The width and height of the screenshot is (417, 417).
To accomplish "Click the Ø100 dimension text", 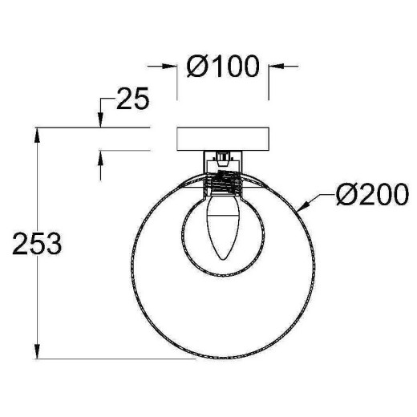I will [224, 66].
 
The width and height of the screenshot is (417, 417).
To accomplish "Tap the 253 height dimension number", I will [36, 244].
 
